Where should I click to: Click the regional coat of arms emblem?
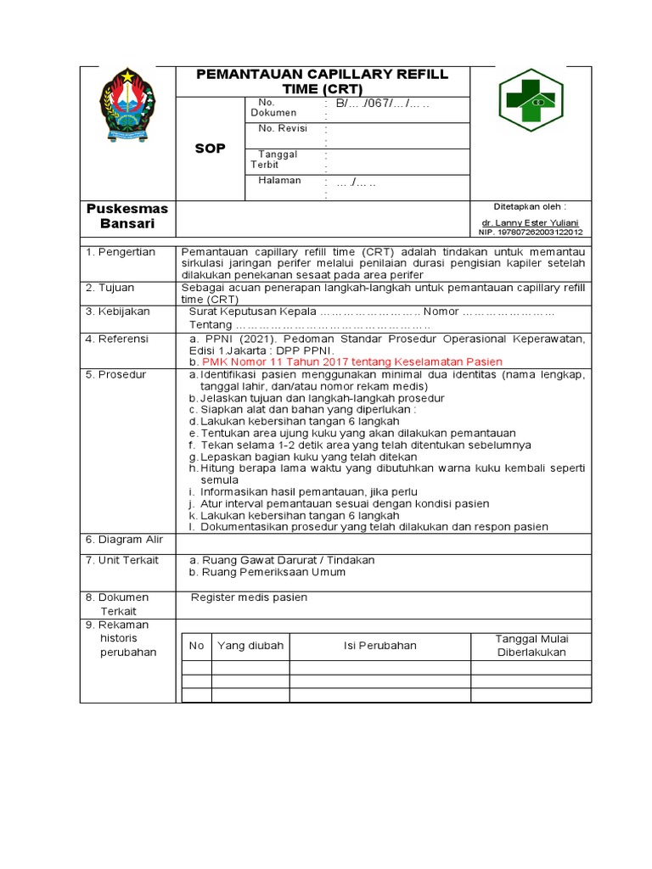coord(128,106)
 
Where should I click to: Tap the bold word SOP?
coord(210,149)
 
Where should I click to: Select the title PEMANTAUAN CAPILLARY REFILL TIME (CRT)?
coord(322,81)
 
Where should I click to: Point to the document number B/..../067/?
coord(383,104)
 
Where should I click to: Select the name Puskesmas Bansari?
coord(127,216)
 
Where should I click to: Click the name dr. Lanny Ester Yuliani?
coord(530,222)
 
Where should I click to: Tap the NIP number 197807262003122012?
coord(531,232)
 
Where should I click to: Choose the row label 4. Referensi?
coord(117,339)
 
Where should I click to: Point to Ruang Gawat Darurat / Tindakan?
coord(282,560)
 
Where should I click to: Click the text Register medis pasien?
coord(249,597)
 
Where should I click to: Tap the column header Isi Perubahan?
coord(379,646)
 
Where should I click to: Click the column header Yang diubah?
coord(249,646)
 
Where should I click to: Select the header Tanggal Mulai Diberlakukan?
coord(531,645)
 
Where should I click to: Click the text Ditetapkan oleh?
coord(530,206)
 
